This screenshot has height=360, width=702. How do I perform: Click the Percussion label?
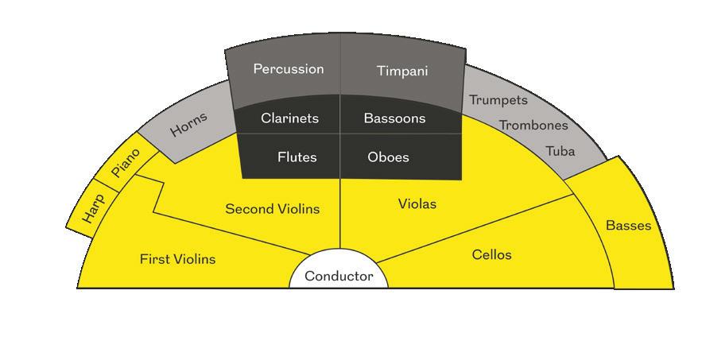(289, 69)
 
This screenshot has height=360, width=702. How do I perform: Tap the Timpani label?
(401, 71)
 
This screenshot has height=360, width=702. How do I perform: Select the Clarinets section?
(289, 118)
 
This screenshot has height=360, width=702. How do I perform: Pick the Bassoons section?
(394, 118)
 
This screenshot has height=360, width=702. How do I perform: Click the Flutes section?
(297, 157)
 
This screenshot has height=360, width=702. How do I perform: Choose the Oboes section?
(388, 157)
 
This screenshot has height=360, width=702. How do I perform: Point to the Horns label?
(188, 124)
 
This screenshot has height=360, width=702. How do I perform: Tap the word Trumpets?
(498, 100)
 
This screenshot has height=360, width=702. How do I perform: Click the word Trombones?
(533, 125)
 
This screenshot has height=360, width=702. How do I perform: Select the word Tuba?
(560, 151)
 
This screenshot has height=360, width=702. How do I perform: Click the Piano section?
(126, 163)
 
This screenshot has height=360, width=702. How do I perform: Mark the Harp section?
(92, 209)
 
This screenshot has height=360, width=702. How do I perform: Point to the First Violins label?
(177, 259)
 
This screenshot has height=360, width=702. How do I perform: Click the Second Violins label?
(272, 209)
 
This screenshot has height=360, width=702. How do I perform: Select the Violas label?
(417, 204)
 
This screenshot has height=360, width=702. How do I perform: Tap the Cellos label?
(491, 255)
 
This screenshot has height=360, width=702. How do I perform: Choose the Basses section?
(628, 226)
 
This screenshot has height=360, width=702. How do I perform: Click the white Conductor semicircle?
(339, 276)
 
